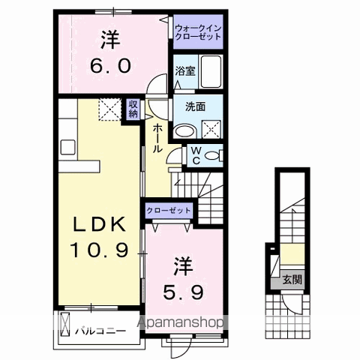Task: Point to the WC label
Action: [193, 155]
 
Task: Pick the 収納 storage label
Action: [133, 109]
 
